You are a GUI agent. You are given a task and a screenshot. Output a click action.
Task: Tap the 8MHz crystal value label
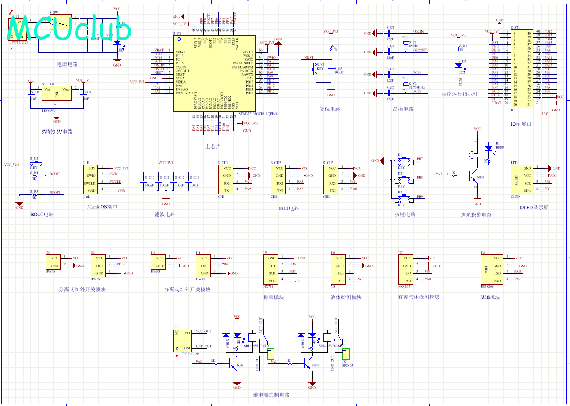pyautogui.click(x=413, y=46)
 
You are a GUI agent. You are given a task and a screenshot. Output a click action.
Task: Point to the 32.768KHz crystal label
pyautogui.click(x=417, y=88)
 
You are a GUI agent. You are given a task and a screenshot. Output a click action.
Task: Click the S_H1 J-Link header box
pyautogui.click(x=91, y=180)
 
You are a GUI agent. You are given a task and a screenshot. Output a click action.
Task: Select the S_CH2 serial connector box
pyautogui.click(x=279, y=180)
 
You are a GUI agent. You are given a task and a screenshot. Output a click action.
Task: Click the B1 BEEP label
pyautogui.click(x=499, y=145)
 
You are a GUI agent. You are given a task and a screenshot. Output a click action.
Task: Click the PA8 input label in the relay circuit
pyautogui.click(x=199, y=362)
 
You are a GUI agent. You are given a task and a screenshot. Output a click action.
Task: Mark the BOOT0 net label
pyautogui.click(x=55, y=174)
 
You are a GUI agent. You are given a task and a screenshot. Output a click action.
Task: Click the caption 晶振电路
pyautogui.click(x=403, y=109)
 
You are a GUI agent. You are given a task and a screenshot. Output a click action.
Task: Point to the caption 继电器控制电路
pyautogui.click(x=271, y=395)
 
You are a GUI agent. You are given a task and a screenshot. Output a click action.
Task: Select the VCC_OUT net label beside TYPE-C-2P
pyautogui.click(x=204, y=331)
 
